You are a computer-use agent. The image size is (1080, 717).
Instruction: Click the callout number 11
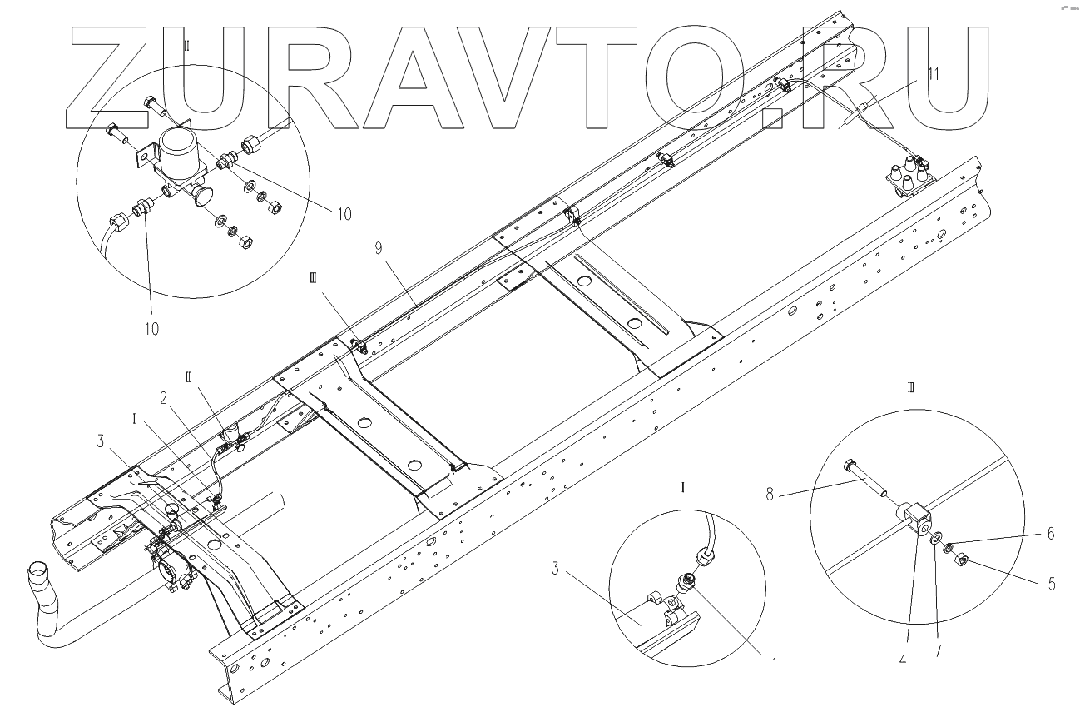tap(933, 73)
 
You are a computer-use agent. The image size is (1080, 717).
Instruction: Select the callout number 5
tap(1052, 584)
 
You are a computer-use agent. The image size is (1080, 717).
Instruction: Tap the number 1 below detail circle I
tap(774, 665)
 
